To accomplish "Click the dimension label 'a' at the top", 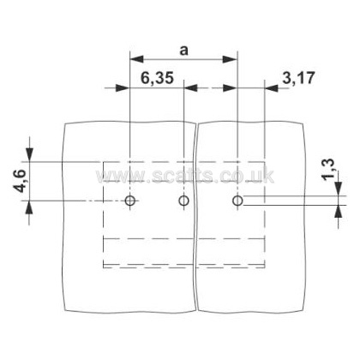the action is click(x=184, y=51).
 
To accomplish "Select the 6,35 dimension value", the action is click(x=157, y=77).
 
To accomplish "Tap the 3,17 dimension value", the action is click(x=298, y=77).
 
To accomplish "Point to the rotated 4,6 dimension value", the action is click(x=20, y=181).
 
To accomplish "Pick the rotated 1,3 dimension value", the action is click(x=328, y=169).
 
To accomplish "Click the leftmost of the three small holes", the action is click(x=130, y=201).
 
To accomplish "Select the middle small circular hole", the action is click(x=183, y=201).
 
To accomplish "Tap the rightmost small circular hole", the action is click(x=237, y=201).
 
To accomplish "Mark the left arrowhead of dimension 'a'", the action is click(x=136, y=59).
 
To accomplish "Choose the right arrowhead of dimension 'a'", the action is click(x=231, y=59).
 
